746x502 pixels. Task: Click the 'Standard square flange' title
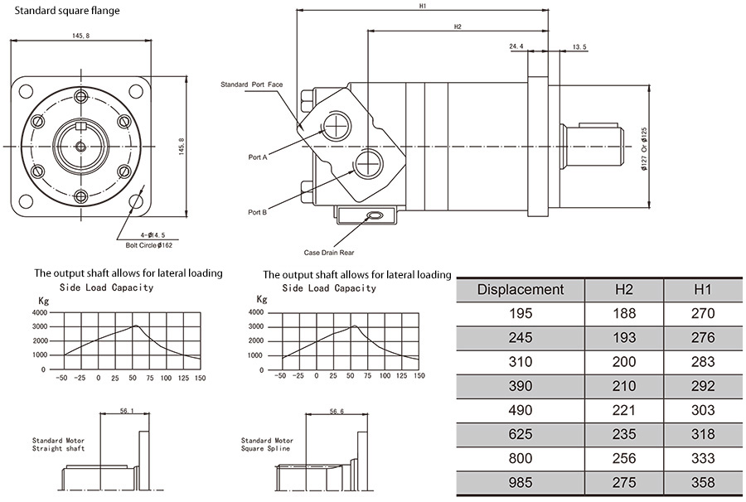pos(67,11)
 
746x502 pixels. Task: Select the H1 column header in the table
pos(702,289)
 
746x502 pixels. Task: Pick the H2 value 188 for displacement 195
pos(624,314)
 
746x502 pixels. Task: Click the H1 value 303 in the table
pos(702,410)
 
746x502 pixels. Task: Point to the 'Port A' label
pos(258,157)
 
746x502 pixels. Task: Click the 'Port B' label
pos(258,212)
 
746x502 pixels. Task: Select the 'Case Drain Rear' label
pos(330,252)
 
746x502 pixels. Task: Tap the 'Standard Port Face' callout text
pos(252,84)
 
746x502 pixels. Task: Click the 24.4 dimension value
pos(516,47)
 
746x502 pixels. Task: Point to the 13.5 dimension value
pos(579,47)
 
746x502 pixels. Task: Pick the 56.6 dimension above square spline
pos(336,411)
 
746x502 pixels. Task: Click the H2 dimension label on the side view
pos(458,27)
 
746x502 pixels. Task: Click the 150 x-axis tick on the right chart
pos(419,375)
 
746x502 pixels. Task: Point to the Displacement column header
pos(521,289)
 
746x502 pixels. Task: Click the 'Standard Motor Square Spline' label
pos(267,444)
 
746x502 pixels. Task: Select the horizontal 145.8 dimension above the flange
pos(81,36)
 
